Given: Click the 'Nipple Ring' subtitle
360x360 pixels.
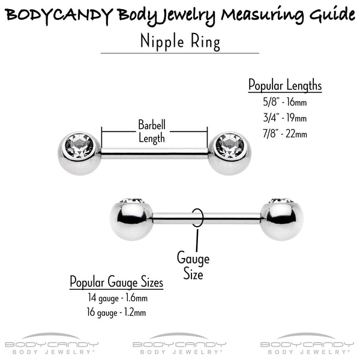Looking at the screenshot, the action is (180, 42).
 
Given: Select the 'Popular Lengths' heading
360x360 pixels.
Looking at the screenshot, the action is (285, 85).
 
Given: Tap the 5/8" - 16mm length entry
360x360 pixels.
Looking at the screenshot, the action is (285, 102).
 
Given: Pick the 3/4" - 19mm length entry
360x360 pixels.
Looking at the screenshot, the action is (285, 118).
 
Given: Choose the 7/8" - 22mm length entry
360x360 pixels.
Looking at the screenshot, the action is (285, 134).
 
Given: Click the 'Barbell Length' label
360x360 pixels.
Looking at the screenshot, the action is (152, 131).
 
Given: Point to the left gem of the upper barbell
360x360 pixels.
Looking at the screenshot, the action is (79, 146).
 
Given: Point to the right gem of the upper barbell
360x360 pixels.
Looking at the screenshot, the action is (230, 146).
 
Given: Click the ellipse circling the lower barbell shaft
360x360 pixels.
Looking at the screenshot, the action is (203, 218).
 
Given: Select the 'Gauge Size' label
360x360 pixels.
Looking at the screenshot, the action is (193, 265).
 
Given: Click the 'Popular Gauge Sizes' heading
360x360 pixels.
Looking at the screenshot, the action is (116, 282).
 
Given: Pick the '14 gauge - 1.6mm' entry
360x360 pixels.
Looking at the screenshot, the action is (118, 298).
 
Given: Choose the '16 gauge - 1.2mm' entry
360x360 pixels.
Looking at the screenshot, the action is (116, 313).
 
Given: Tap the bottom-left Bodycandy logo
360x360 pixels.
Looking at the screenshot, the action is (52, 343).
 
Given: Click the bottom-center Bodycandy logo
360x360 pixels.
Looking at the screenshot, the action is (179, 343).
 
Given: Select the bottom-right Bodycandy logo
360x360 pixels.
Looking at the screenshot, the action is (307, 343).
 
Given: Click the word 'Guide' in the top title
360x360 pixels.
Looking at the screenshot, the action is (332, 15).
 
